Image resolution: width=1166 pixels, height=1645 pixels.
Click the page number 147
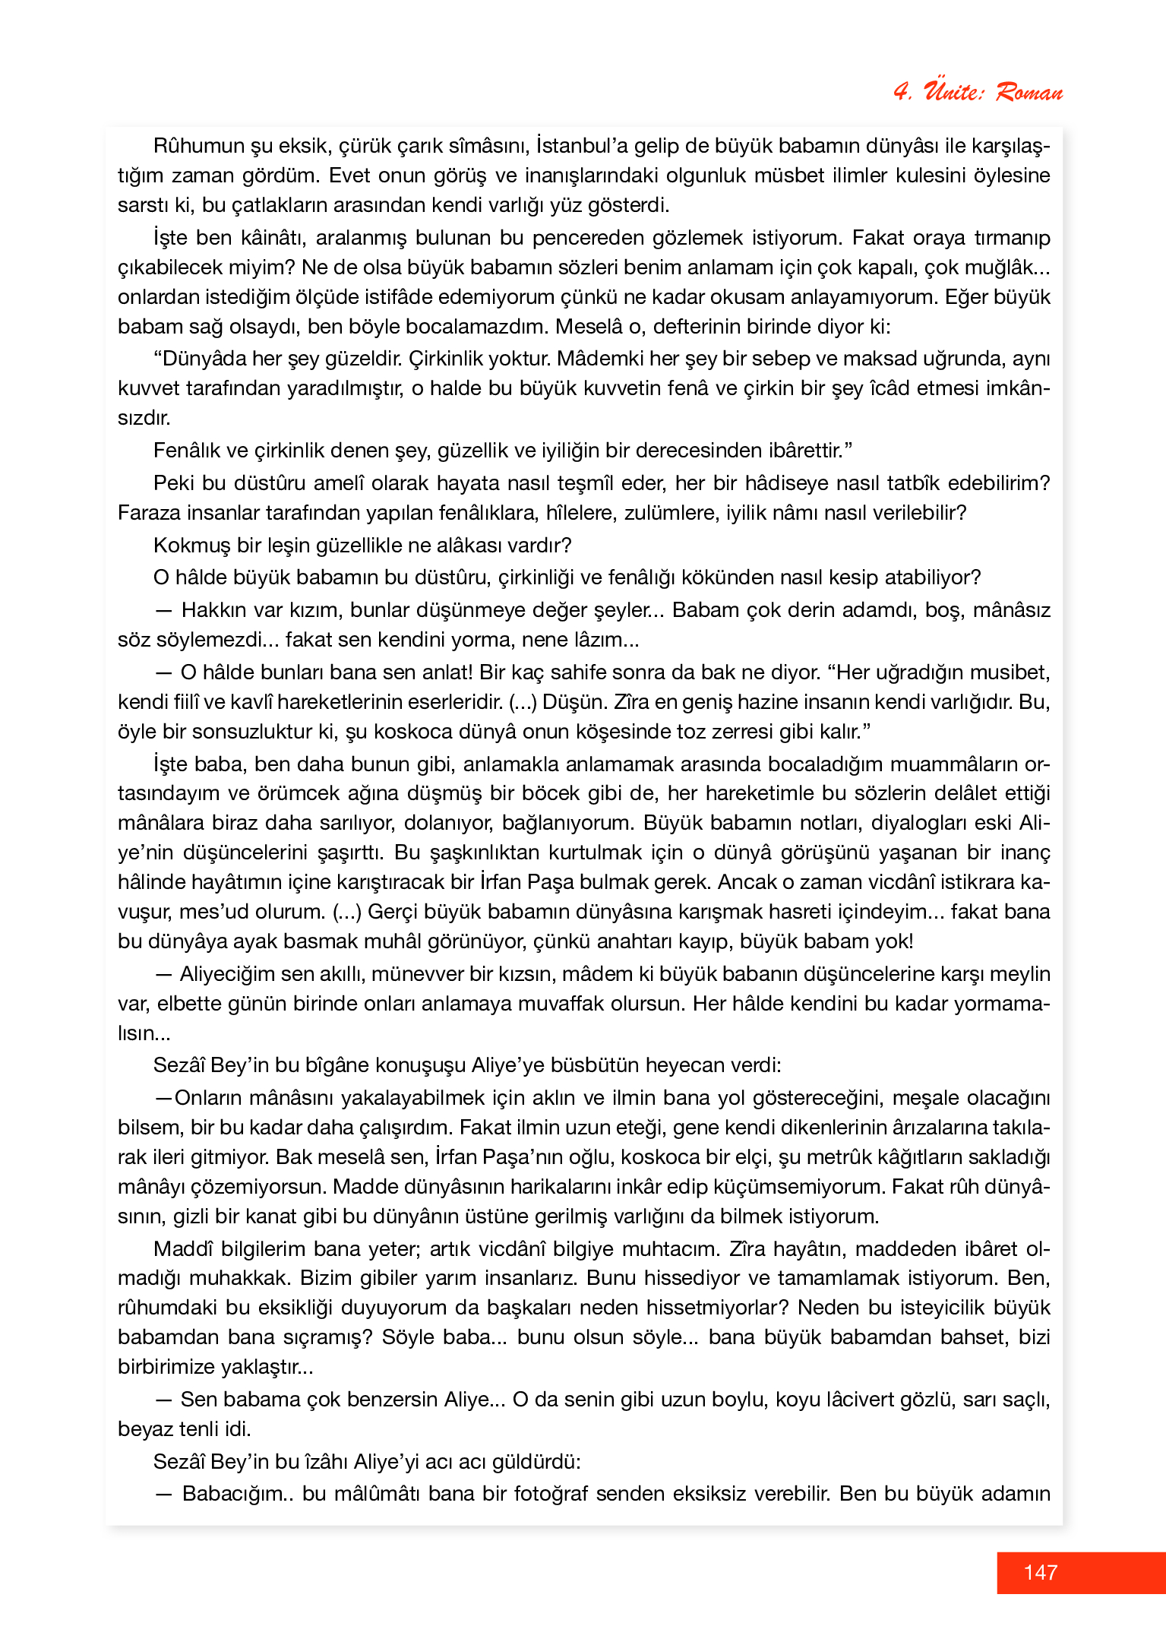coord(1040,1572)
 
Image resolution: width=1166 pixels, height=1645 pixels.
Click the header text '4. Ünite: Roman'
coord(978,92)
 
